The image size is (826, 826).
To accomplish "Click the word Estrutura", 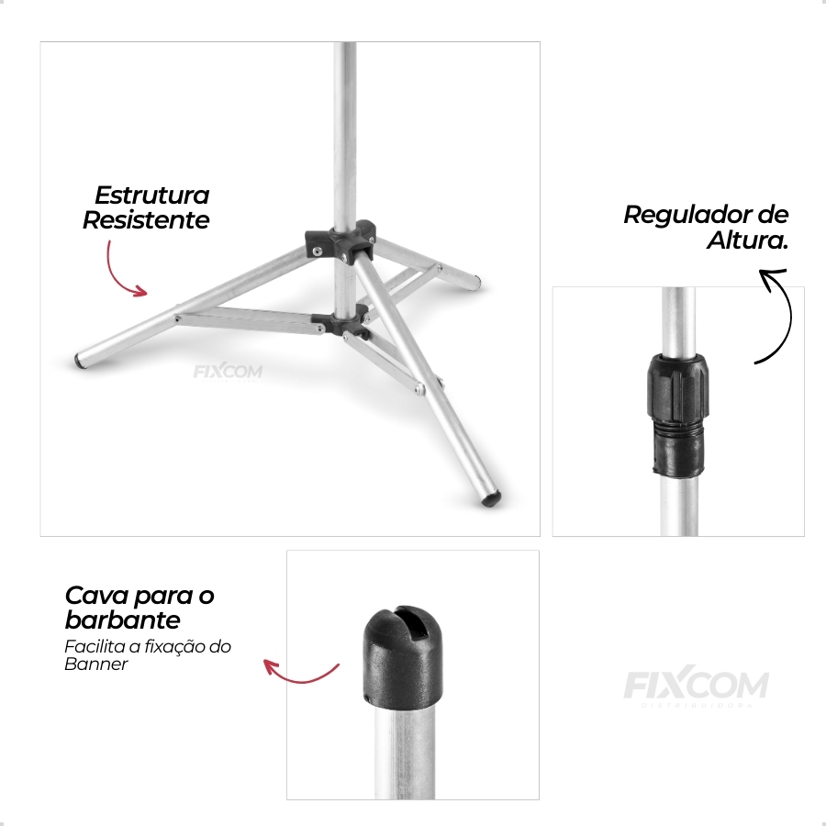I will [x=152, y=195].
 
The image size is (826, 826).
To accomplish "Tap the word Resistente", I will [x=146, y=220].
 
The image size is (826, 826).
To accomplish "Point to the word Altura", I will [x=746, y=240].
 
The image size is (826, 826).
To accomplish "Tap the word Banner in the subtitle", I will [x=95, y=664].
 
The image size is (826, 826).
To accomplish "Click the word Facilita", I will [x=91, y=646].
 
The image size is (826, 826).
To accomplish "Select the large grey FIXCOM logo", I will [x=696, y=686].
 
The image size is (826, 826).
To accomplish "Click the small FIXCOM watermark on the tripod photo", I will [x=228, y=372].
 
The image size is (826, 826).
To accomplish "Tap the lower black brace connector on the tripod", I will [x=340, y=322].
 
